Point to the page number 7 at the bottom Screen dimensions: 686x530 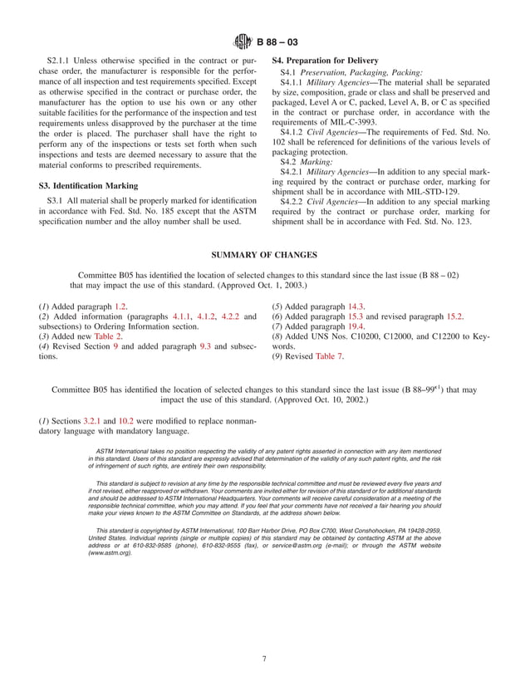coord(265,659)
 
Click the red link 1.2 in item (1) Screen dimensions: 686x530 coord(120,306)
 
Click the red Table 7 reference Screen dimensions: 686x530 coord(329,356)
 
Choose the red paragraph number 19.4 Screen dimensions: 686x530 coord(359,326)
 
